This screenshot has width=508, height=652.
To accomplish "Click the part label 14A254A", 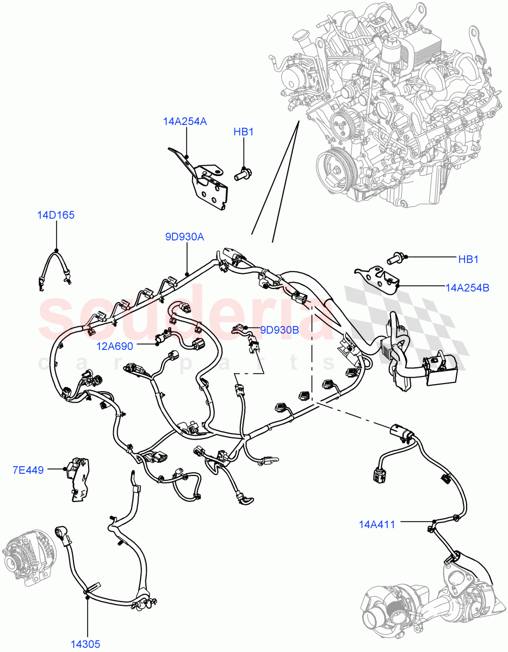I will (184, 121).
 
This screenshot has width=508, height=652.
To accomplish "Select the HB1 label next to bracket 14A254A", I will (244, 132).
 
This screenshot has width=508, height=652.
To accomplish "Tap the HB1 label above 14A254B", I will (468, 259).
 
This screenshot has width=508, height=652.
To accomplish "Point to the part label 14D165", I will (55, 215).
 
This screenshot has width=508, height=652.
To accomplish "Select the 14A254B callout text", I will (467, 288).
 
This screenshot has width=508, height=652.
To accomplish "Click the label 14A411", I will (376, 524).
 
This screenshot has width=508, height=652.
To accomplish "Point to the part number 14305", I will (85, 644).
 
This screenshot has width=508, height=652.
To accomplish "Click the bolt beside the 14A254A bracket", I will (242, 174).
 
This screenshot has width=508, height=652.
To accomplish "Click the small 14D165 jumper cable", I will (54, 268).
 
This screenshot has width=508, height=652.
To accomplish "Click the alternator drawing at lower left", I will (30, 562).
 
